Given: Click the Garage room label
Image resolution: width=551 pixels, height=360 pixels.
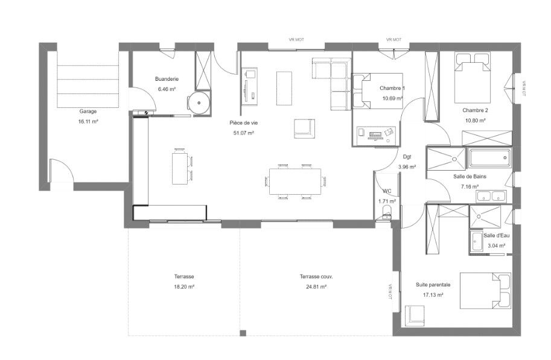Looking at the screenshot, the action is pos(88,112).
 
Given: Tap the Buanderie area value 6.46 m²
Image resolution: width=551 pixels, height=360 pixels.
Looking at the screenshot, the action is pos(167,89).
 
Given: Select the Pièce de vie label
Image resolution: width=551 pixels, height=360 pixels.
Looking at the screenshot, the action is pos(244,123).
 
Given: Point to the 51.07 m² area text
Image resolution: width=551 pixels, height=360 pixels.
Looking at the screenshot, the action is pos(244,133).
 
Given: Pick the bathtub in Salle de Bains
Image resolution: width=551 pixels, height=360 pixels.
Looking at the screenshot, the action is pos(489,158).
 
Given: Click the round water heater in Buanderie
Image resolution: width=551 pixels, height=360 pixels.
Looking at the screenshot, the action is pos(199,103).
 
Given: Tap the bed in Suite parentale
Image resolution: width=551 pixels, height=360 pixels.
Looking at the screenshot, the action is pos(485,291).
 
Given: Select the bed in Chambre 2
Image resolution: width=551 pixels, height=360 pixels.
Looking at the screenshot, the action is pos(473,78).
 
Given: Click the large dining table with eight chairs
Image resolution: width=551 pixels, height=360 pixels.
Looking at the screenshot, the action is pos(295,182).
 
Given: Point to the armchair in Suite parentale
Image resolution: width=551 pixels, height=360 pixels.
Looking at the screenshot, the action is pos(415,315).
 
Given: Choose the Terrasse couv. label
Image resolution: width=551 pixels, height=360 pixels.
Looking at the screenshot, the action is pos(316,277).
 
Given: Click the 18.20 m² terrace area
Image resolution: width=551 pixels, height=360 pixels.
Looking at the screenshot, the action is pos(184,286).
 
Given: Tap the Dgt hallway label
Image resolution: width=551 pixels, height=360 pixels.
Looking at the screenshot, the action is pos(407,157).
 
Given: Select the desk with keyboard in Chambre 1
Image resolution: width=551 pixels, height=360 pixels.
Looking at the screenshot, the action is pos(376,135).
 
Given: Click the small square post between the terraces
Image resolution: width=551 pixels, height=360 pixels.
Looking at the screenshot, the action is pos(243,333).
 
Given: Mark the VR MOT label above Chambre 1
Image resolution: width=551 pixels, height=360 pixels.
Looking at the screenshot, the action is pos(393,40).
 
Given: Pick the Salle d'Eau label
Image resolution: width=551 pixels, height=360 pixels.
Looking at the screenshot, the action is pos(496,236).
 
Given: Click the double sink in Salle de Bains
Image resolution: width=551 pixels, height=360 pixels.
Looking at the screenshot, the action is pos(491,197).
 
